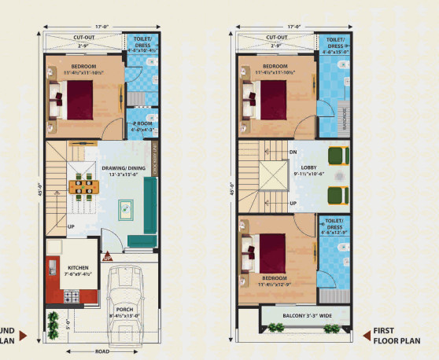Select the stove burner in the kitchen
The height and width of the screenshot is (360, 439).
(x=71, y=296)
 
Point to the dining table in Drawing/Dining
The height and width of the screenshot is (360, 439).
(x=83, y=187)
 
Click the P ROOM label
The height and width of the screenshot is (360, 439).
(x=142, y=123)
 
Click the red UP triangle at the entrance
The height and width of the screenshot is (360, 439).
(x=109, y=255)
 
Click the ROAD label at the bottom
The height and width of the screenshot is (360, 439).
(x=102, y=351)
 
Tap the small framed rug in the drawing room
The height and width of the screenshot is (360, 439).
(x=126, y=210)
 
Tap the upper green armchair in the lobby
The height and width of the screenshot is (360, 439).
(x=338, y=156)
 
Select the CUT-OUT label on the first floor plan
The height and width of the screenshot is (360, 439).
(x=276, y=37)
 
